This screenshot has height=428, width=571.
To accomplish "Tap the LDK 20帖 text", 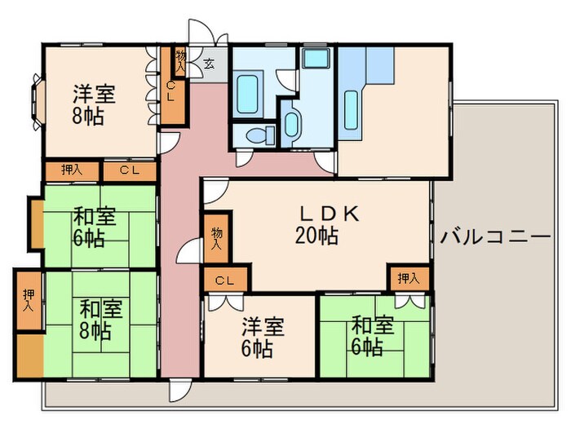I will [317, 226].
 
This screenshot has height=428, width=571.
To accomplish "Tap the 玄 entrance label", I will [209, 64].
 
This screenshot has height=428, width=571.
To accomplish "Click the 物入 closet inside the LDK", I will [217, 238].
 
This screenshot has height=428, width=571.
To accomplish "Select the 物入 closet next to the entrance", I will [180, 61].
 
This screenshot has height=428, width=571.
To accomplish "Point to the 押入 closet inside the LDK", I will [408, 279].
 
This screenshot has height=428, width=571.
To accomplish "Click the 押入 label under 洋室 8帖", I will [72, 170].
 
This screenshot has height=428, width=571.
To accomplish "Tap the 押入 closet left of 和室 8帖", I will [28, 301].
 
